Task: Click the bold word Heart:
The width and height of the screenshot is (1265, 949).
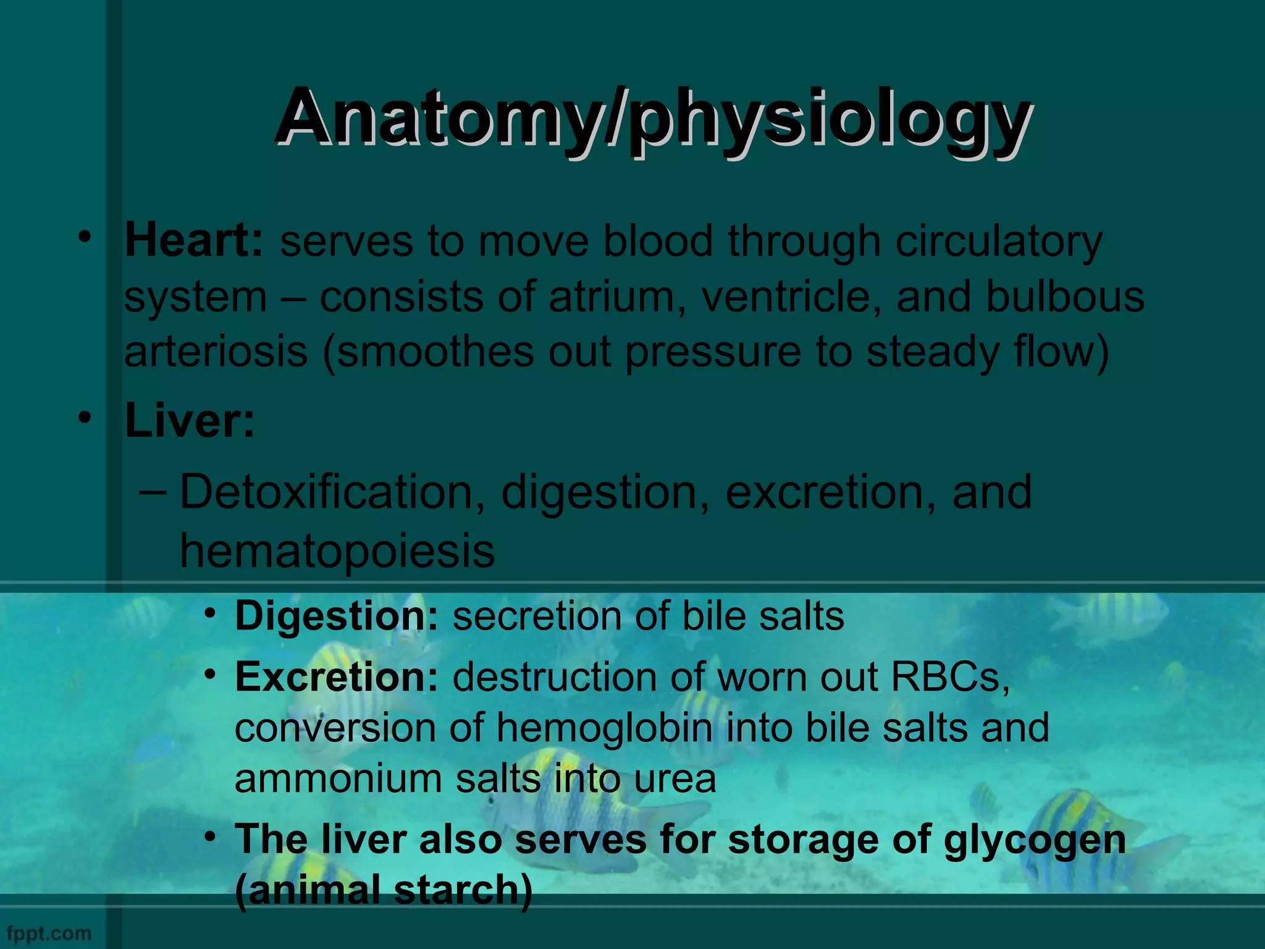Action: pyautogui.click(x=194, y=240)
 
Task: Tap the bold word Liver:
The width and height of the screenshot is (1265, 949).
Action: pyautogui.click(x=190, y=421)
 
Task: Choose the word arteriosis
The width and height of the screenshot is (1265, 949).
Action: pyautogui.click(x=216, y=352)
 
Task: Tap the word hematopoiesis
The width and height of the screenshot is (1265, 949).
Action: pyautogui.click(x=337, y=550)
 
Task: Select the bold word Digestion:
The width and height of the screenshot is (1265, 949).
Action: pyautogui.click(x=336, y=617)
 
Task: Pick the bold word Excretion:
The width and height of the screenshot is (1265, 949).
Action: pyautogui.click(x=336, y=677)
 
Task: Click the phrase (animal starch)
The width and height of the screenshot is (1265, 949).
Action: pyautogui.click(x=383, y=890)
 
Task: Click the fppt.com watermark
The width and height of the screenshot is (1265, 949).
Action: pyautogui.click(x=49, y=933)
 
